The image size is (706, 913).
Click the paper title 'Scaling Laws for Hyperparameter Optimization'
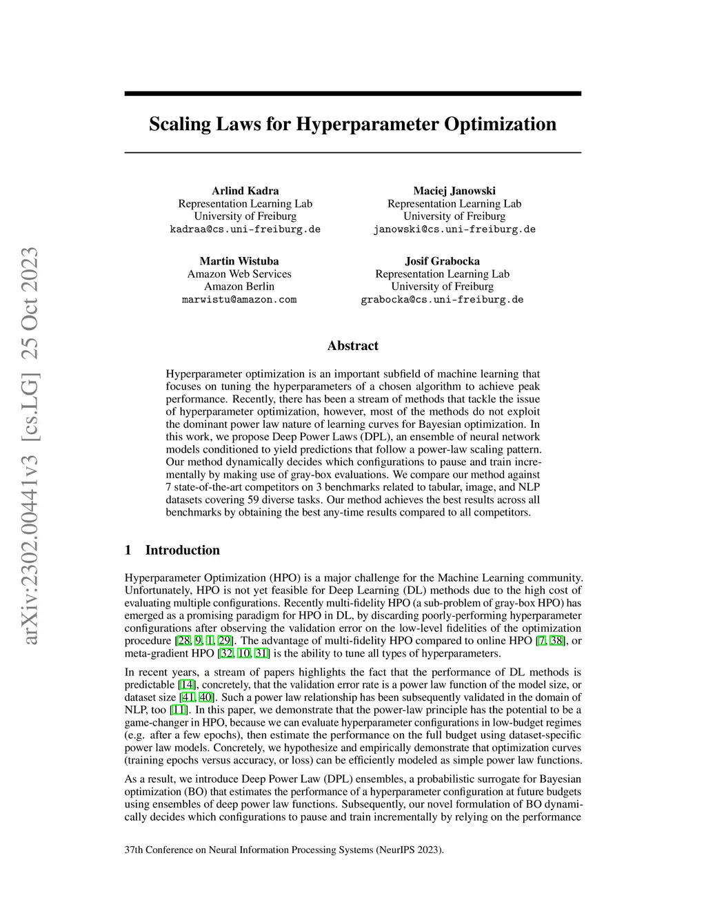[x=352, y=124]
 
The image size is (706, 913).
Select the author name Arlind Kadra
[x=245, y=191]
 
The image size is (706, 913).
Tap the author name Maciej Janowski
[x=454, y=191]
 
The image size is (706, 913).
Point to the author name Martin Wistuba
[x=239, y=261]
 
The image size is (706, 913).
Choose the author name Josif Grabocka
[x=442, y=261]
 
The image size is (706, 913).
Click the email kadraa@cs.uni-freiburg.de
[x=245, y=229]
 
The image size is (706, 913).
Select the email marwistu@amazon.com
[x=239, y=300]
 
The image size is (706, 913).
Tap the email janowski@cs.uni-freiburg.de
[x=454, y=229]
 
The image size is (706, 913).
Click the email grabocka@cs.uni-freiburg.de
[x=442, y=300]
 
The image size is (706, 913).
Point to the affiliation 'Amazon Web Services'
[x=239, y=274]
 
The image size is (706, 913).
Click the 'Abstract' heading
[x=352, y=346]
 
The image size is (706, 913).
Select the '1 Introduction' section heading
[x=172, y=550]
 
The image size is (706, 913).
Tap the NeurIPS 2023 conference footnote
[x=284, y=850]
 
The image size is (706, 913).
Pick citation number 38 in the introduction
[x=556, y=641]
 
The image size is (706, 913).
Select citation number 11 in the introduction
[x=179, y=710]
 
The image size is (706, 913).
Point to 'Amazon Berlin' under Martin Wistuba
[x=239, y=287]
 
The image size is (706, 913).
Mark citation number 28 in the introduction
[x=183, y=641]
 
